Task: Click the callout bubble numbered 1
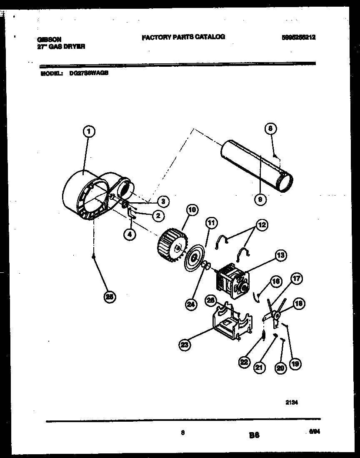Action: coord(88,132)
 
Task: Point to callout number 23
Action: coord(185,345)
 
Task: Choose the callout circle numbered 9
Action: coord(260,199)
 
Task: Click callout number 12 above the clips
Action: coord(261,225)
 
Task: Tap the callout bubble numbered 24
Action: coord(191,304)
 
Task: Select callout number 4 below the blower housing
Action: coord(130,235)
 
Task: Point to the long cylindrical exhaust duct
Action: coord(256,166)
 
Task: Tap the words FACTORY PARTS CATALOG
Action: coord(183,37)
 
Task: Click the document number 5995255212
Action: coord(298,37)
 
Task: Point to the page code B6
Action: coord(255,435)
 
